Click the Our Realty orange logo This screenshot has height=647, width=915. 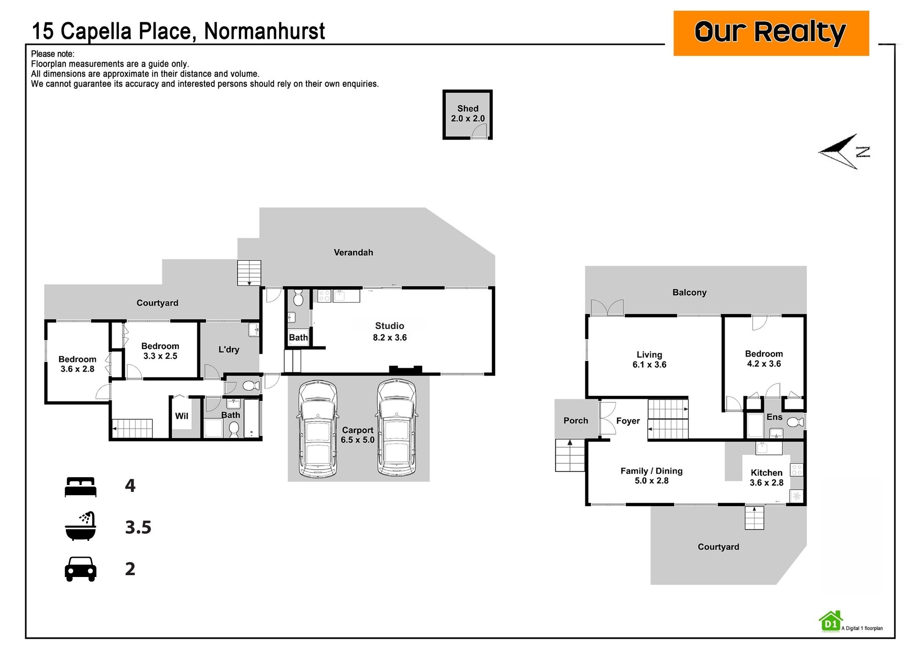[771, 33]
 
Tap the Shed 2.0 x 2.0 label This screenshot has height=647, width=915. [468, 113]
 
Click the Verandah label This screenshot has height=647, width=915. [353, 253]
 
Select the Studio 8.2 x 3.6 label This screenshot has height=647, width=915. [390, 332]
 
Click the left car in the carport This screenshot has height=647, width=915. [318, 428]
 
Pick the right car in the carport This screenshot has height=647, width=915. [396, 428]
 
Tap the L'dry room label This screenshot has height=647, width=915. [229, 350]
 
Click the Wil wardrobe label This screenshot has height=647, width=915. [182, 416]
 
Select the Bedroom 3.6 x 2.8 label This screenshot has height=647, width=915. [77, 364]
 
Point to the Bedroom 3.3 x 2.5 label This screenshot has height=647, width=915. [160, 351]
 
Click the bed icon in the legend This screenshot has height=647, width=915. [81, 487]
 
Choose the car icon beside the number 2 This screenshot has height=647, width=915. [81, 569]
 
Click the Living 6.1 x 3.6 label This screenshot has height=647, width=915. [649, 360]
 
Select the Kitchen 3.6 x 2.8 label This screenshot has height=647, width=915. [766, 478]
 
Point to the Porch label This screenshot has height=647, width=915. [576, 421]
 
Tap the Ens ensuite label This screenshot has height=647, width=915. [775, 417]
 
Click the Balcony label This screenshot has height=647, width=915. [689, 293]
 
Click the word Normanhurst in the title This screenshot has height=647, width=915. [264, 31]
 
